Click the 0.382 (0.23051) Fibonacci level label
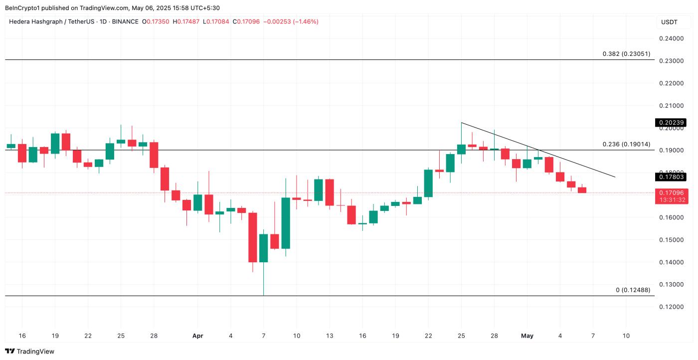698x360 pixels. (626, 54)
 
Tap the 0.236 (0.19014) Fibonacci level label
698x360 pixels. (626, 144)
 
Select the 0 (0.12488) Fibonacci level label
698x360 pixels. (633, 290)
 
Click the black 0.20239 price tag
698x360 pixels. (671, 123)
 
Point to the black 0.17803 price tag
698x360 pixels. (671, 177)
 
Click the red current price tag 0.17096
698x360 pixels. (671, 192)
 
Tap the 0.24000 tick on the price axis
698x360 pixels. (671, 38)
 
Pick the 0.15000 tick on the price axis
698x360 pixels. (671, 240)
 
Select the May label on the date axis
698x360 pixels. (527, 336)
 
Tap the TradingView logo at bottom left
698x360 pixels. (29, 351)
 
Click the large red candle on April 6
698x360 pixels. (253, 237)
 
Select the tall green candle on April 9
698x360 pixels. (286, 223)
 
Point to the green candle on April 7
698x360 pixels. (264, 248)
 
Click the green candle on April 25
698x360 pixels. (461, 149)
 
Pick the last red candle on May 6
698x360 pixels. (582, 190)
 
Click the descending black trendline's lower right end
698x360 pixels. (615, 177)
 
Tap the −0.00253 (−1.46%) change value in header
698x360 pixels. (291, 22)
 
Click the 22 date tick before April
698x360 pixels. (88, 336)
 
